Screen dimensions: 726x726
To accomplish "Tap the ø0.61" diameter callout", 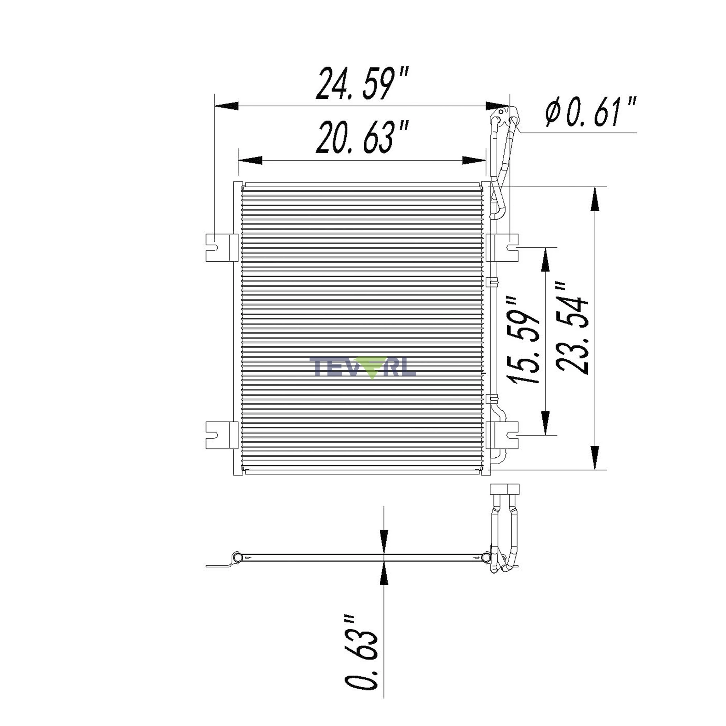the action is pos(591,111).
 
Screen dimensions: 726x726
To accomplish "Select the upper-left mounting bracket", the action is pos(222,247).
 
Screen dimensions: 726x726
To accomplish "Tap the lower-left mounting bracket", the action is pos(222,435).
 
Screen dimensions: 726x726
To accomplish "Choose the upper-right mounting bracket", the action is pos(502,247).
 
